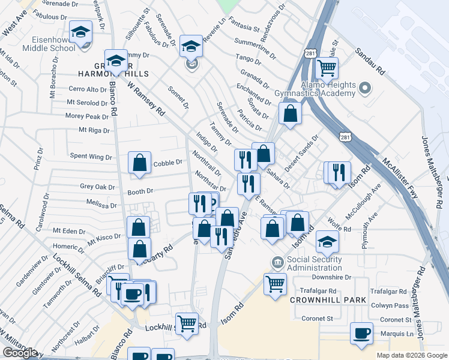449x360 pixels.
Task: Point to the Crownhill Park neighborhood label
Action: pyautogui.click(x=325, y=299)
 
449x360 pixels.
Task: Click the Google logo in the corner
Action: pyautogui.click(x=19, y=353)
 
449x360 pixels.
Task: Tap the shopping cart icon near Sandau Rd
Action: pyautogui.click(x=327, y=69)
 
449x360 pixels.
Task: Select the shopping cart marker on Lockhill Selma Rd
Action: pyautogui.click(x=187, y=324)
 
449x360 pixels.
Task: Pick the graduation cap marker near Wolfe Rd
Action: pyautogui.click(x=328, y=242)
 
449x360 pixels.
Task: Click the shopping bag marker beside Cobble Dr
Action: pyautogui.click(x=139, y=163)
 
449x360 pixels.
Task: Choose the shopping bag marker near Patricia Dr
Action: pyautogui.click(x=290, y=115)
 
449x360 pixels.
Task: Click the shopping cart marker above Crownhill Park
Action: pyautogui.click(x=276, y=284)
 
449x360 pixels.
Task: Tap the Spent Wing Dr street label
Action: pyautogui.click(x=92, y=157)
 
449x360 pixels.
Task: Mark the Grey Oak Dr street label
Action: pyautogui.click(x=97, y=187)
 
